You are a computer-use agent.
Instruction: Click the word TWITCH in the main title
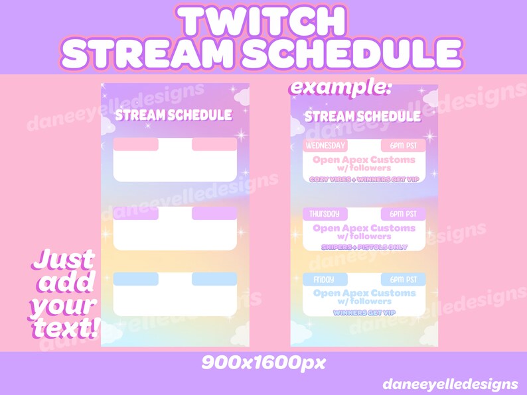[263, 22]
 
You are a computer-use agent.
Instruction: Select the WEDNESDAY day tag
[325, 146]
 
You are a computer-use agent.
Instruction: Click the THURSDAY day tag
[324, 214]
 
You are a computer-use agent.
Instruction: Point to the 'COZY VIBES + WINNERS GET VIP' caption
[363, 179]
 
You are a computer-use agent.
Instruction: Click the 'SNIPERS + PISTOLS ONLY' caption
[363, 247]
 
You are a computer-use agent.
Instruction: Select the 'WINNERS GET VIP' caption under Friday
[363, 312]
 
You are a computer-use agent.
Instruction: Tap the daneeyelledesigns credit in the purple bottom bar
[450, 384]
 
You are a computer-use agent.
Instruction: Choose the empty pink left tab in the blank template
[135, 144]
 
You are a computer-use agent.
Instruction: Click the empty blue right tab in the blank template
[214, 279]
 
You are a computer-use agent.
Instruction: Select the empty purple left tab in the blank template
[135, 213]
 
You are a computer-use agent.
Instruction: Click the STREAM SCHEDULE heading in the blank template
[174, 115]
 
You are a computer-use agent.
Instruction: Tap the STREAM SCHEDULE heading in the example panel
[362, 117]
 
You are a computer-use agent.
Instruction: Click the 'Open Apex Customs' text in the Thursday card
[364, 228]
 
